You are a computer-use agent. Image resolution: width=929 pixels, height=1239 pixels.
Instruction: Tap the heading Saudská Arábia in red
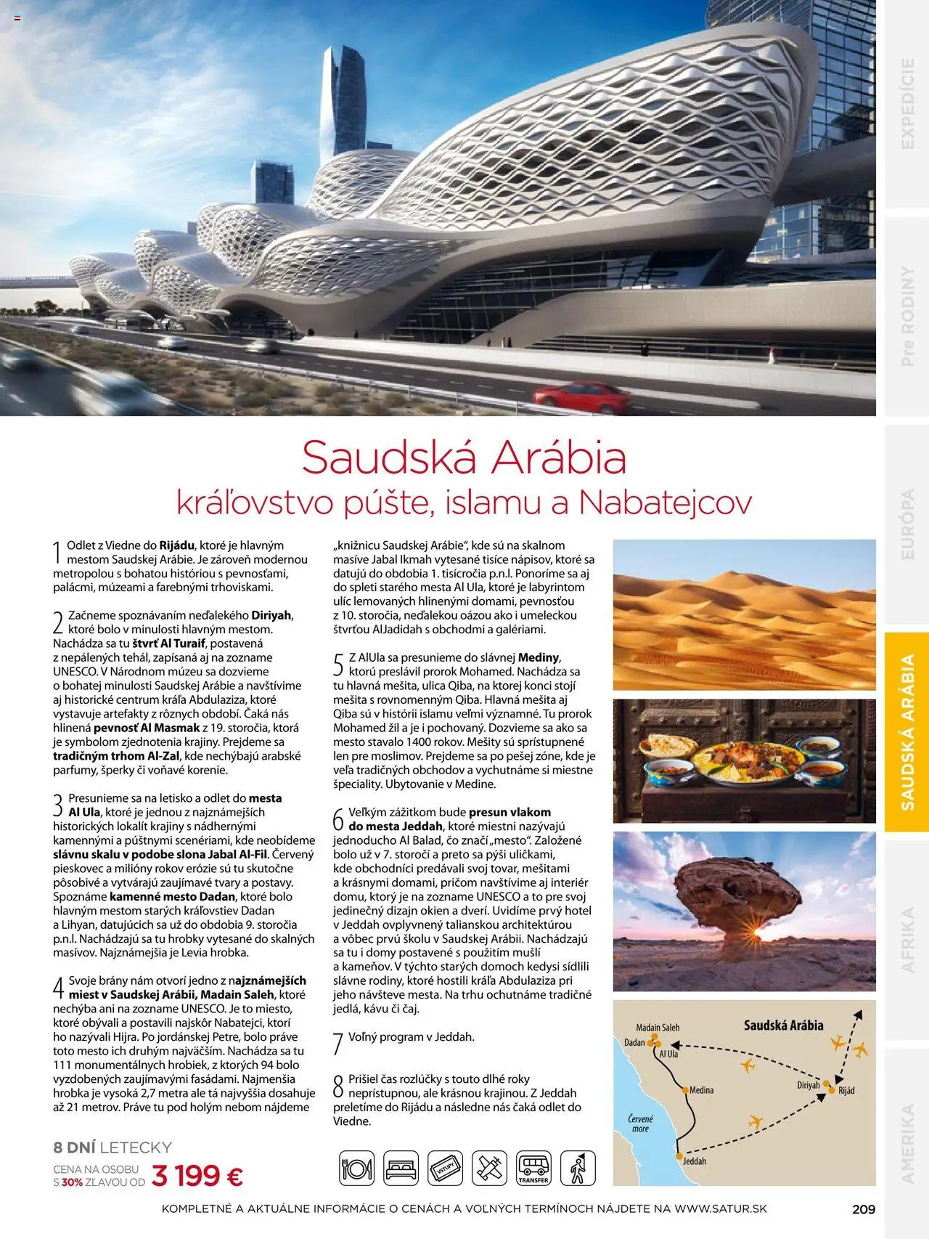tap(464, 458)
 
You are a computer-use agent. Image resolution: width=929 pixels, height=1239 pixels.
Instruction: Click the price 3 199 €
tap(197, 1174)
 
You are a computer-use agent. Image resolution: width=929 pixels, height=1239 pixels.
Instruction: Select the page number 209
tap(864, 1209)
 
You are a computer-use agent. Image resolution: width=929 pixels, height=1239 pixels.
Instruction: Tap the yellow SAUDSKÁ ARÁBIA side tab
tap(907, 731)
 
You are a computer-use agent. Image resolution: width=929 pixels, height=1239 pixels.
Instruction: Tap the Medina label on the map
tap(701, 1090)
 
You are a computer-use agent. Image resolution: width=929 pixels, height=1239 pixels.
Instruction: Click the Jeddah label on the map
tap(694, 1161)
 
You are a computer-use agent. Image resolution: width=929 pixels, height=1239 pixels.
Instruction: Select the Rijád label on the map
tap(846, 1091)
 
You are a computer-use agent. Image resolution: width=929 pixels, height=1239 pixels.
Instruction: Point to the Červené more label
tap(640, 1124)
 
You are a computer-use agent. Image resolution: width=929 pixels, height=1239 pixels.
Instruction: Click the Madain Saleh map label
tap(658, 1028)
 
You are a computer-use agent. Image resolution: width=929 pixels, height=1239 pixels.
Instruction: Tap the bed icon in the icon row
tap(401, 1169)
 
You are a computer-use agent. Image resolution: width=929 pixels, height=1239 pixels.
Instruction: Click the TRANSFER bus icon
tap(533, 1169)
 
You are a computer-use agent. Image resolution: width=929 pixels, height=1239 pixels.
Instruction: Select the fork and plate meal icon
tap(356, 1169)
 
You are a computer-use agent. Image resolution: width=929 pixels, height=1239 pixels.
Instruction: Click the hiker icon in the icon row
tap(578, 1169)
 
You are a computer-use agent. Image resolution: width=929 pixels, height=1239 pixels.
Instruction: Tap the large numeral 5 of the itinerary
tap(338, 665)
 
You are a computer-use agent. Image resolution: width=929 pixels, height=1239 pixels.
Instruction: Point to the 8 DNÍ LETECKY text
tap(112, 1147)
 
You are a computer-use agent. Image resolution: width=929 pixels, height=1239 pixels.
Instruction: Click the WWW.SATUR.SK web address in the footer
tap(720, 1209)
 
